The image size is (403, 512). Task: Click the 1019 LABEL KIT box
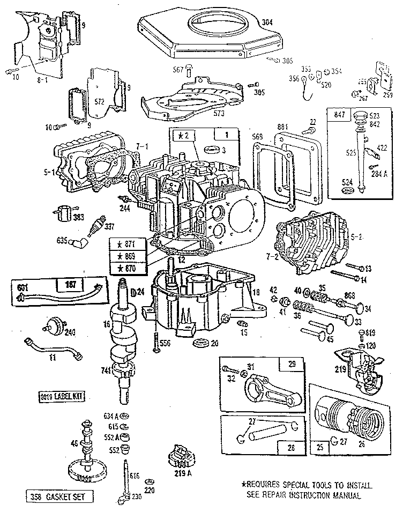click(63, 397)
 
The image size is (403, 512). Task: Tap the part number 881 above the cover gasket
click(283, 127)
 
